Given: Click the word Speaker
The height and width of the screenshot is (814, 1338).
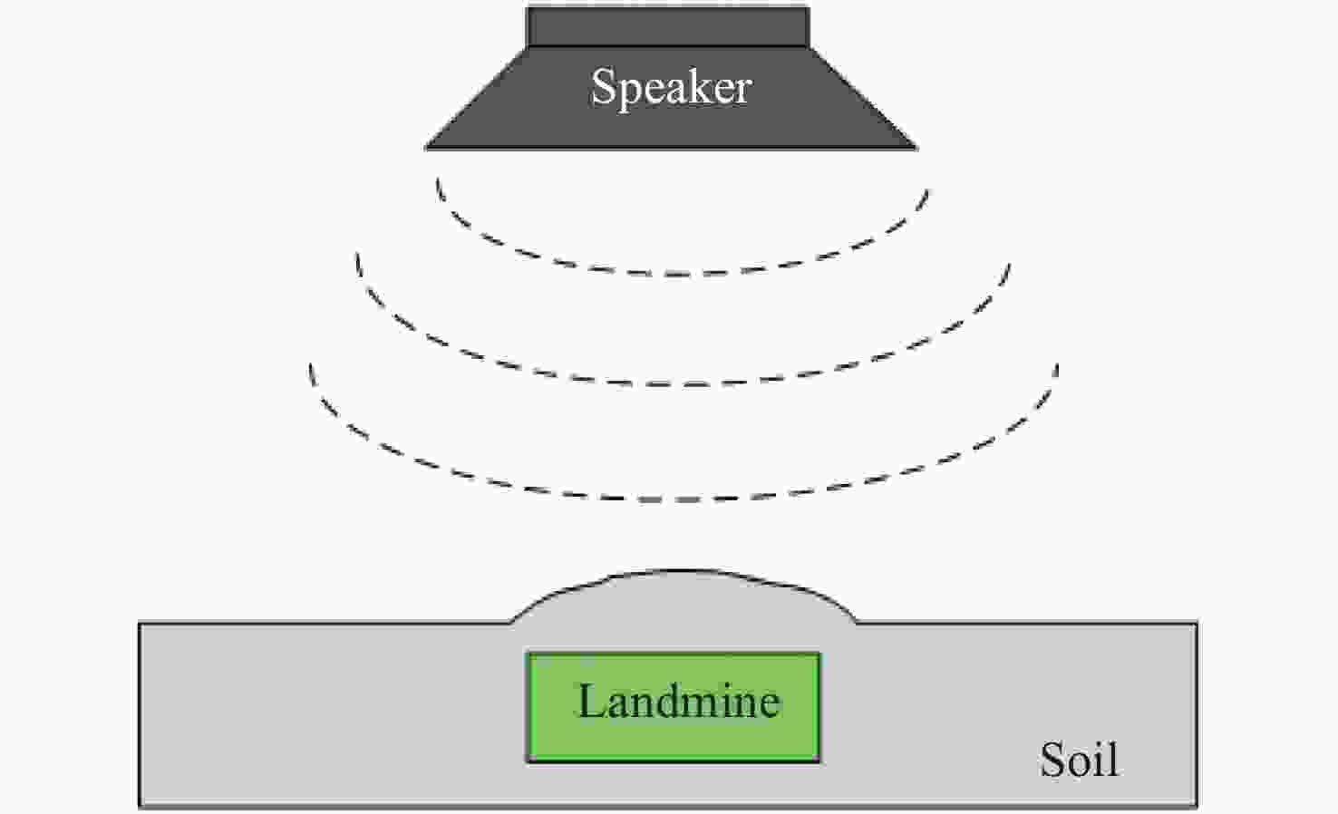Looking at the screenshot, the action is coord(671,89).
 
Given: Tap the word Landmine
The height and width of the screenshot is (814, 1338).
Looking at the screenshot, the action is coord(679,701).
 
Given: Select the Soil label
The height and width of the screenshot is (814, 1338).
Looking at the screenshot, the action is coord(1080,760).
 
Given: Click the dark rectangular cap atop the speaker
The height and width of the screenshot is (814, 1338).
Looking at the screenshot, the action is coord(668,26).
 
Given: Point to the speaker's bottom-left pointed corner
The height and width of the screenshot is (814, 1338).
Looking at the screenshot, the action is coord(426,148).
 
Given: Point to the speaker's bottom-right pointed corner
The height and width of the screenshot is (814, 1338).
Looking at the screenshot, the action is coord(916,148).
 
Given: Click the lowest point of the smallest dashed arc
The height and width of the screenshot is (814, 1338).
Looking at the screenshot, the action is coord(687,275).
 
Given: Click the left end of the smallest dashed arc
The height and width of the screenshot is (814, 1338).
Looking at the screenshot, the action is coord(438,178).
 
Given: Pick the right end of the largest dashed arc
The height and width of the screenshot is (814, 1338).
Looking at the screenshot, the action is coord(1057,364).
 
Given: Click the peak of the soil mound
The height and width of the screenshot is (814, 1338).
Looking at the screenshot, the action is coord(681,571).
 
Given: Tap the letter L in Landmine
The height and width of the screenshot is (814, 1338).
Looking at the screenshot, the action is coord(591,701).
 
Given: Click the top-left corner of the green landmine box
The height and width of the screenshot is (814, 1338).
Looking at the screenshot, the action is coord(528,654).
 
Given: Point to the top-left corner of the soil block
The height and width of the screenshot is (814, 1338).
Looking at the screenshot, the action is coord(140,624).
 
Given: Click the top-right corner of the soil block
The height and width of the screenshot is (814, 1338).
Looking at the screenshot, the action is coord(1197,624).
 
